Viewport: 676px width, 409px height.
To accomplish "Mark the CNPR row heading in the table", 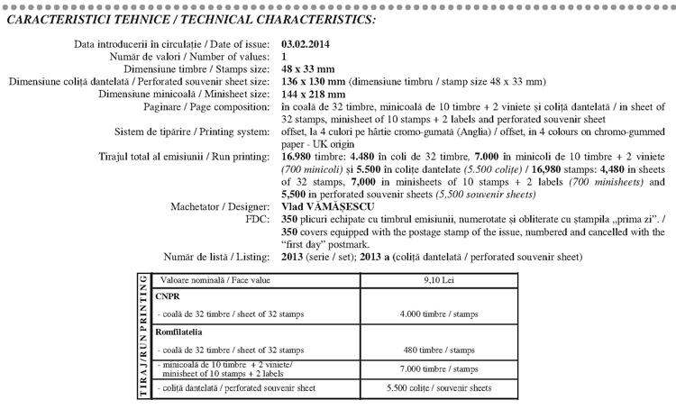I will pyautogui.click(x=169, y=295).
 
